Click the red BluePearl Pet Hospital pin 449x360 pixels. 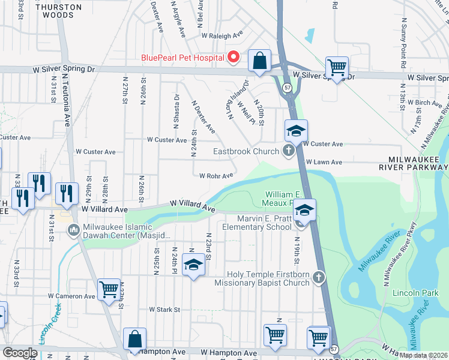click(x=233, y=58)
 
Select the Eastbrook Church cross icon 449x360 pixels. click(x=288, y=151)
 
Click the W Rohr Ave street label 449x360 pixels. click(x=216, y=176)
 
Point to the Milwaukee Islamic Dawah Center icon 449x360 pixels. click(x=74, y=230)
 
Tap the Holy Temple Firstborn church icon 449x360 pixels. click(x=318, y=277)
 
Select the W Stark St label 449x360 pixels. click(x=164, y=310)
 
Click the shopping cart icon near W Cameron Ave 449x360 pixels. click(x=109, y=289)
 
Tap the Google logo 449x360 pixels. click(x=19, y=353)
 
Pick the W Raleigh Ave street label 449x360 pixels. click(x=222, y=35)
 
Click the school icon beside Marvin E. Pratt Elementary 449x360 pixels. click(x=304, y=209)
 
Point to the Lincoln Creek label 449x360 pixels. click(x=50, y=324)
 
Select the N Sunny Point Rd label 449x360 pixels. click(x=402, y=37)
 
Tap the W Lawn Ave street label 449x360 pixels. click(x=324, y=162)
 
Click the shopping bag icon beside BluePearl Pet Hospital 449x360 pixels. click(x=259, y=61)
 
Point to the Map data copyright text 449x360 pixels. click(x=423, y=355)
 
